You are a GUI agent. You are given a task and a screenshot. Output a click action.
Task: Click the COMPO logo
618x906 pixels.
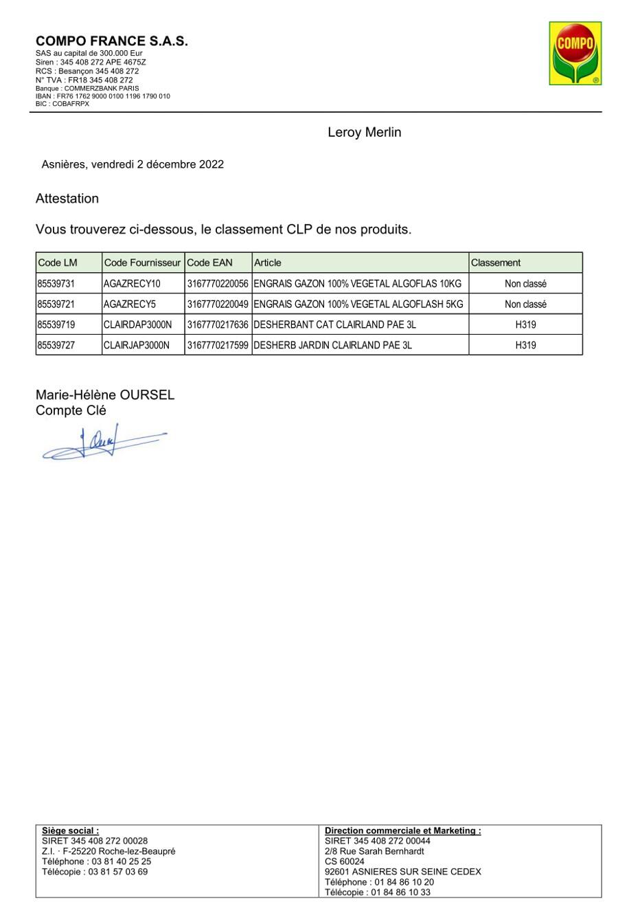click(575, 53)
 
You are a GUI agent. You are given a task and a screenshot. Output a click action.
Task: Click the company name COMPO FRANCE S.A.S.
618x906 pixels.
click(111, 41)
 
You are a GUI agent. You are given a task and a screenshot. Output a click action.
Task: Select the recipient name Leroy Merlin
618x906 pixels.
click(364, 133)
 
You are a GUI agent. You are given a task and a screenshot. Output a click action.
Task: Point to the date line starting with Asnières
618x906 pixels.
click(133, 164)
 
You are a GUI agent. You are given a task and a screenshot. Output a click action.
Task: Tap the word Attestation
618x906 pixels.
click(67, 199)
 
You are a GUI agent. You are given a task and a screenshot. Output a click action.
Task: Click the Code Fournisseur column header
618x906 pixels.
click(142, 263)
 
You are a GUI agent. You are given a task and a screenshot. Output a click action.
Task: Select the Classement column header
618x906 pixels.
click(495, 263)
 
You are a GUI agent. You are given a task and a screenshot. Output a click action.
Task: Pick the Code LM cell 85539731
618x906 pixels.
click(56, 284)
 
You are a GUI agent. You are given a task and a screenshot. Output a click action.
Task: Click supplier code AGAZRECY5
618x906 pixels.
click(130, 305)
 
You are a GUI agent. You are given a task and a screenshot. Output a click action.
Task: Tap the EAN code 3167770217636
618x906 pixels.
click(217, 324)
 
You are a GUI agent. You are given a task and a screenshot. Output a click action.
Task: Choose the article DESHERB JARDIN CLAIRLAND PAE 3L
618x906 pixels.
click(332, 345)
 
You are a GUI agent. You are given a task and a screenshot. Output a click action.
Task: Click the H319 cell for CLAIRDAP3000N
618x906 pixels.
click(525, 324)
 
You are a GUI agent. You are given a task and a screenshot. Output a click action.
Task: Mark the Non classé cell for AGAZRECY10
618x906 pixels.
click(525, 284)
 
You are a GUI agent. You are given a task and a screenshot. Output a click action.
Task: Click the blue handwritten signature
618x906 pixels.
click(103, 443)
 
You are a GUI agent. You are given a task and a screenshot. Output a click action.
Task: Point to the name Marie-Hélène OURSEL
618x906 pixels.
click(105, 395)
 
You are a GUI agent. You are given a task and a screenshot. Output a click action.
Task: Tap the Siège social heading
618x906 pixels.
click(70, 830)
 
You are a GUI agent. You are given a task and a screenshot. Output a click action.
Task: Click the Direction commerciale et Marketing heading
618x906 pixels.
click(402, 830)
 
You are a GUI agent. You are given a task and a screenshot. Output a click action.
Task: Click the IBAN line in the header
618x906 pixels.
click(103, 96)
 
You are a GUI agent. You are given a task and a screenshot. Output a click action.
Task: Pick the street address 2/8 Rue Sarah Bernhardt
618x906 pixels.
click(374, 851)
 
